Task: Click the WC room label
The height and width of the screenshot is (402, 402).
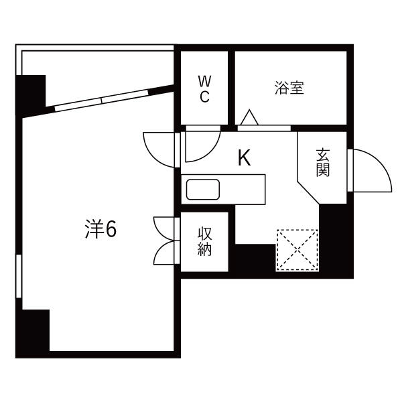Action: (204, 88)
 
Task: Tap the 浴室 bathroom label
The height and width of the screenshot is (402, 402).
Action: (289, 88)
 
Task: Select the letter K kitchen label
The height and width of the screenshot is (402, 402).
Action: (245, 159)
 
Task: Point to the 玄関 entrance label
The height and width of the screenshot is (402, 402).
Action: (323, 163)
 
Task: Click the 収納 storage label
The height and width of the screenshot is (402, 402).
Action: (204, 242)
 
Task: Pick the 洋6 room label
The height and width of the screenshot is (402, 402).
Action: (101, 230)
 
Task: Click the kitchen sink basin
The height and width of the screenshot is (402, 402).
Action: (202, 190)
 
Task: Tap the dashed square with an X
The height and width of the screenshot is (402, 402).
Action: (297, 249)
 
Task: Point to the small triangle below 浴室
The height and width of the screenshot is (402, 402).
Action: (249, 118)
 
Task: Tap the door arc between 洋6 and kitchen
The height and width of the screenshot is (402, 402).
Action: (158, 147)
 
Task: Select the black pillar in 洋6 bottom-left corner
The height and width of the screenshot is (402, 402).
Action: (33, 332)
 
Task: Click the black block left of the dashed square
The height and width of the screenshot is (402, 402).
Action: (255, 259)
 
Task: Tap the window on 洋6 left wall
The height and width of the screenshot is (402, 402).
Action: (19, 281)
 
